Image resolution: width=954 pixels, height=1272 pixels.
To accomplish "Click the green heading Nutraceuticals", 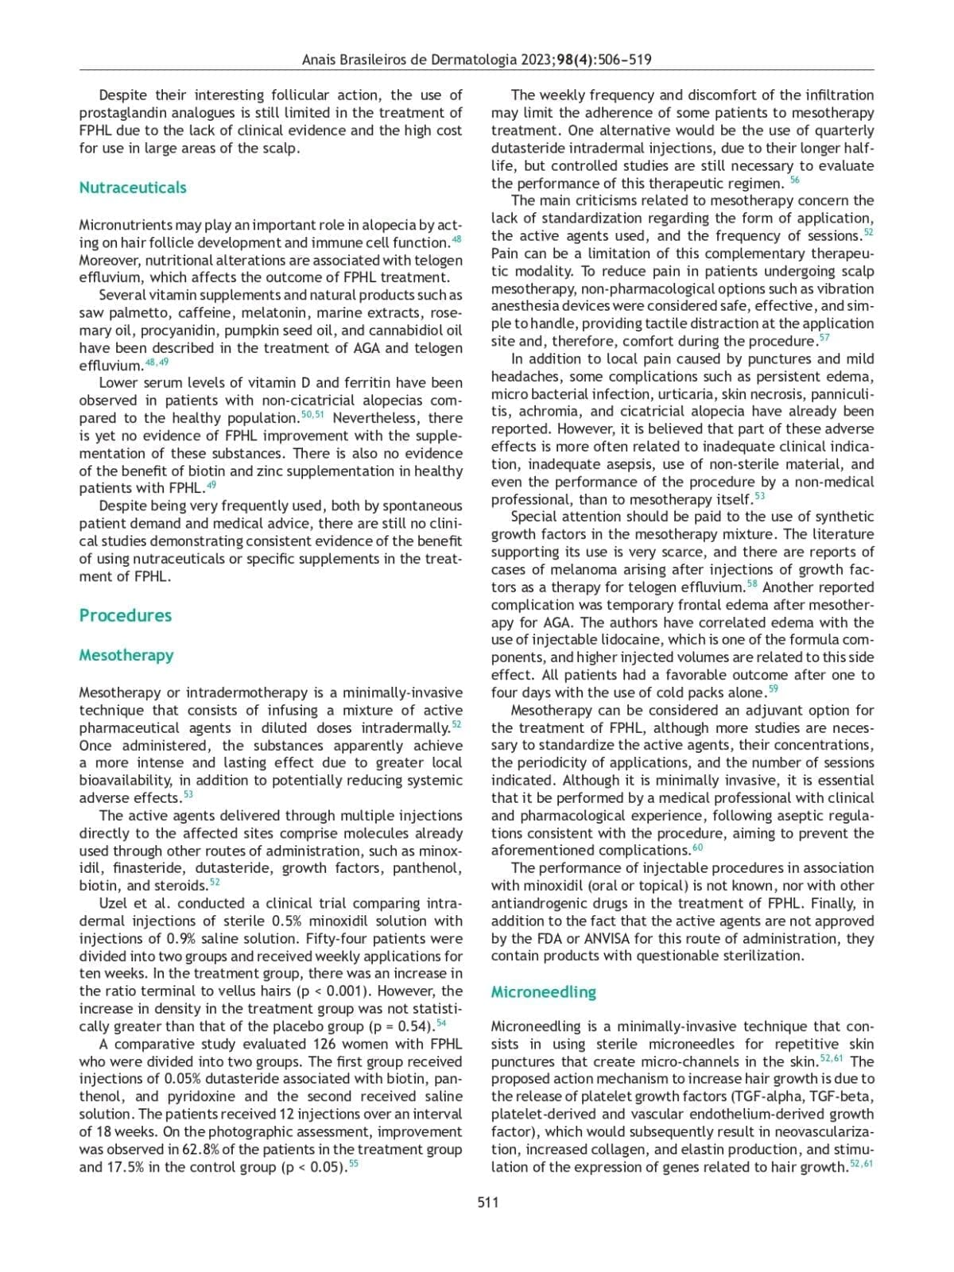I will (133, 188).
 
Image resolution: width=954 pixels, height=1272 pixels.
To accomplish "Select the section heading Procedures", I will (125, 615).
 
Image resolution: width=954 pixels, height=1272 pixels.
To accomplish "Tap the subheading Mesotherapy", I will (126, 655).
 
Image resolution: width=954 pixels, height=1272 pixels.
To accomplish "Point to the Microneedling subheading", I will (543, 992).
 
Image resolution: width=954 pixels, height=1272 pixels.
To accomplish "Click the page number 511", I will (487, 1202).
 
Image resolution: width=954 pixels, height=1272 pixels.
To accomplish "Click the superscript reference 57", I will (824, 339).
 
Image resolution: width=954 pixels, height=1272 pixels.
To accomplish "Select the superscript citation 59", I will (774, 689).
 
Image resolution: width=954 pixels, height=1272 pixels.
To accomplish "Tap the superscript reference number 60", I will (697, 847).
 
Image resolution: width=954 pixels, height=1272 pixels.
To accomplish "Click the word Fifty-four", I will (340, 938).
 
